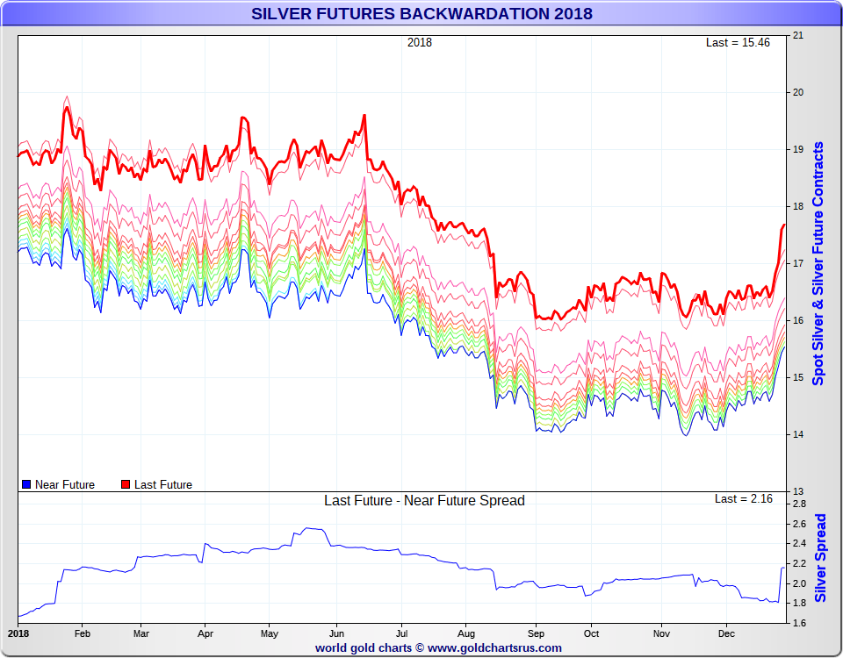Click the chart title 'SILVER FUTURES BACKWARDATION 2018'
click(421, 13)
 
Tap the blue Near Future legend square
click(26, 484)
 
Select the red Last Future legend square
click(126, 484)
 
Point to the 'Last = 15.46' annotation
click(738, 42)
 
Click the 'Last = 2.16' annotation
click(743, 498)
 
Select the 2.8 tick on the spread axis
click(799, 504)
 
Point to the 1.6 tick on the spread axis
click(799, 623)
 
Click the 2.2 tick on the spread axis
click(799, 563)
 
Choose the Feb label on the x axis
click(82, 633)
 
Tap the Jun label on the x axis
click(336, 633)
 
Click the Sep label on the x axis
click(535, 633)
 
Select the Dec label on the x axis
click(726, 633)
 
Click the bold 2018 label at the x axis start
click(18, 633)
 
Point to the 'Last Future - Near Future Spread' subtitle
click(424, 501)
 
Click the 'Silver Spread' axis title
click(820, 558)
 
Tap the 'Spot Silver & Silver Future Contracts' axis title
click(818, 263)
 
